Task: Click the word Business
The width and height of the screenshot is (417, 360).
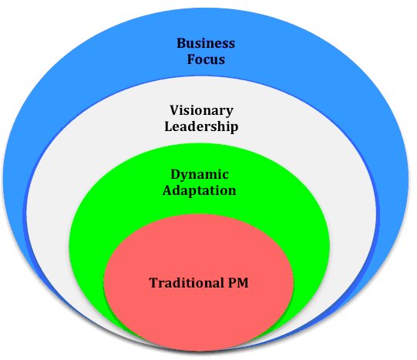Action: point(206,43)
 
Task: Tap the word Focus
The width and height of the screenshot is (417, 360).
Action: point(206,59)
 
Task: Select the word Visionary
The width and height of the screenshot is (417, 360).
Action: point(202,111)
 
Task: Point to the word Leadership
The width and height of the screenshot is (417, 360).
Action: point(201,126)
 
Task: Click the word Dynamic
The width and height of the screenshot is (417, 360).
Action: point(200,175)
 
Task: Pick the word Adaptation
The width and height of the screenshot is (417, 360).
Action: point(200,190)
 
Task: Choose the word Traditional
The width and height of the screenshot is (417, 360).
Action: point(187,283)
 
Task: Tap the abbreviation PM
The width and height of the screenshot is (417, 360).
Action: point(238,283)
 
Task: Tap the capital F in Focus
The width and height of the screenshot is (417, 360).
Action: point(191,59)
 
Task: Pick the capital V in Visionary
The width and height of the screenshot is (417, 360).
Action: point(175,110)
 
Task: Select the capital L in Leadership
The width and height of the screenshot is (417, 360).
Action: point(169,126)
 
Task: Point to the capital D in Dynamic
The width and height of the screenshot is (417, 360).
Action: point(176,174)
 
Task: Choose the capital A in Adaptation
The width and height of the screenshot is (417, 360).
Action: point(168,190)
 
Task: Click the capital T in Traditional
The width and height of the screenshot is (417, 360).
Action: point(154,283)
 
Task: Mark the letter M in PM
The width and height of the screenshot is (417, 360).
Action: point(243,283)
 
